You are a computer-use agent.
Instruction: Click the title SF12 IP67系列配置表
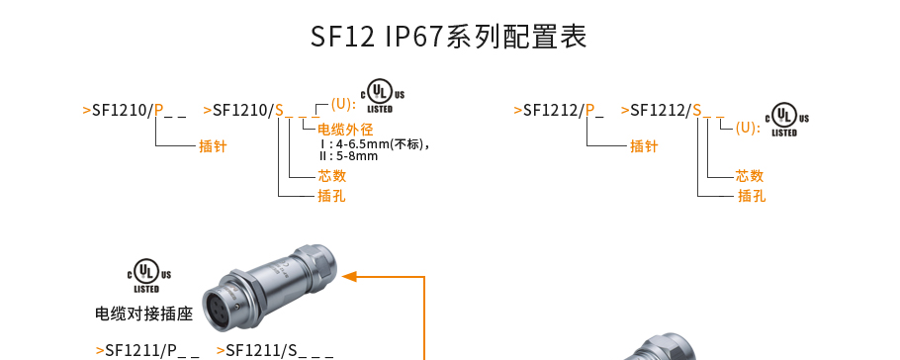449,38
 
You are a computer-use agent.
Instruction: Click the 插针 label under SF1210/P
213,146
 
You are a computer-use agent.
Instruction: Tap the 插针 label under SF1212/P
644,146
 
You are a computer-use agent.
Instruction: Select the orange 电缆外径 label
344,130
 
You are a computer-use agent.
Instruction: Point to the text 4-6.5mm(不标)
380,143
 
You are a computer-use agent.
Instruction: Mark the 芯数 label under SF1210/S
331,176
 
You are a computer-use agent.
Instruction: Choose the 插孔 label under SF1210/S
331,196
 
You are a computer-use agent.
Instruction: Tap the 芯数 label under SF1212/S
750,176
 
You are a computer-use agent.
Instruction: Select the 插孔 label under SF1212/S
752,196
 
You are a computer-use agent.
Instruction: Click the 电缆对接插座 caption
142,315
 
